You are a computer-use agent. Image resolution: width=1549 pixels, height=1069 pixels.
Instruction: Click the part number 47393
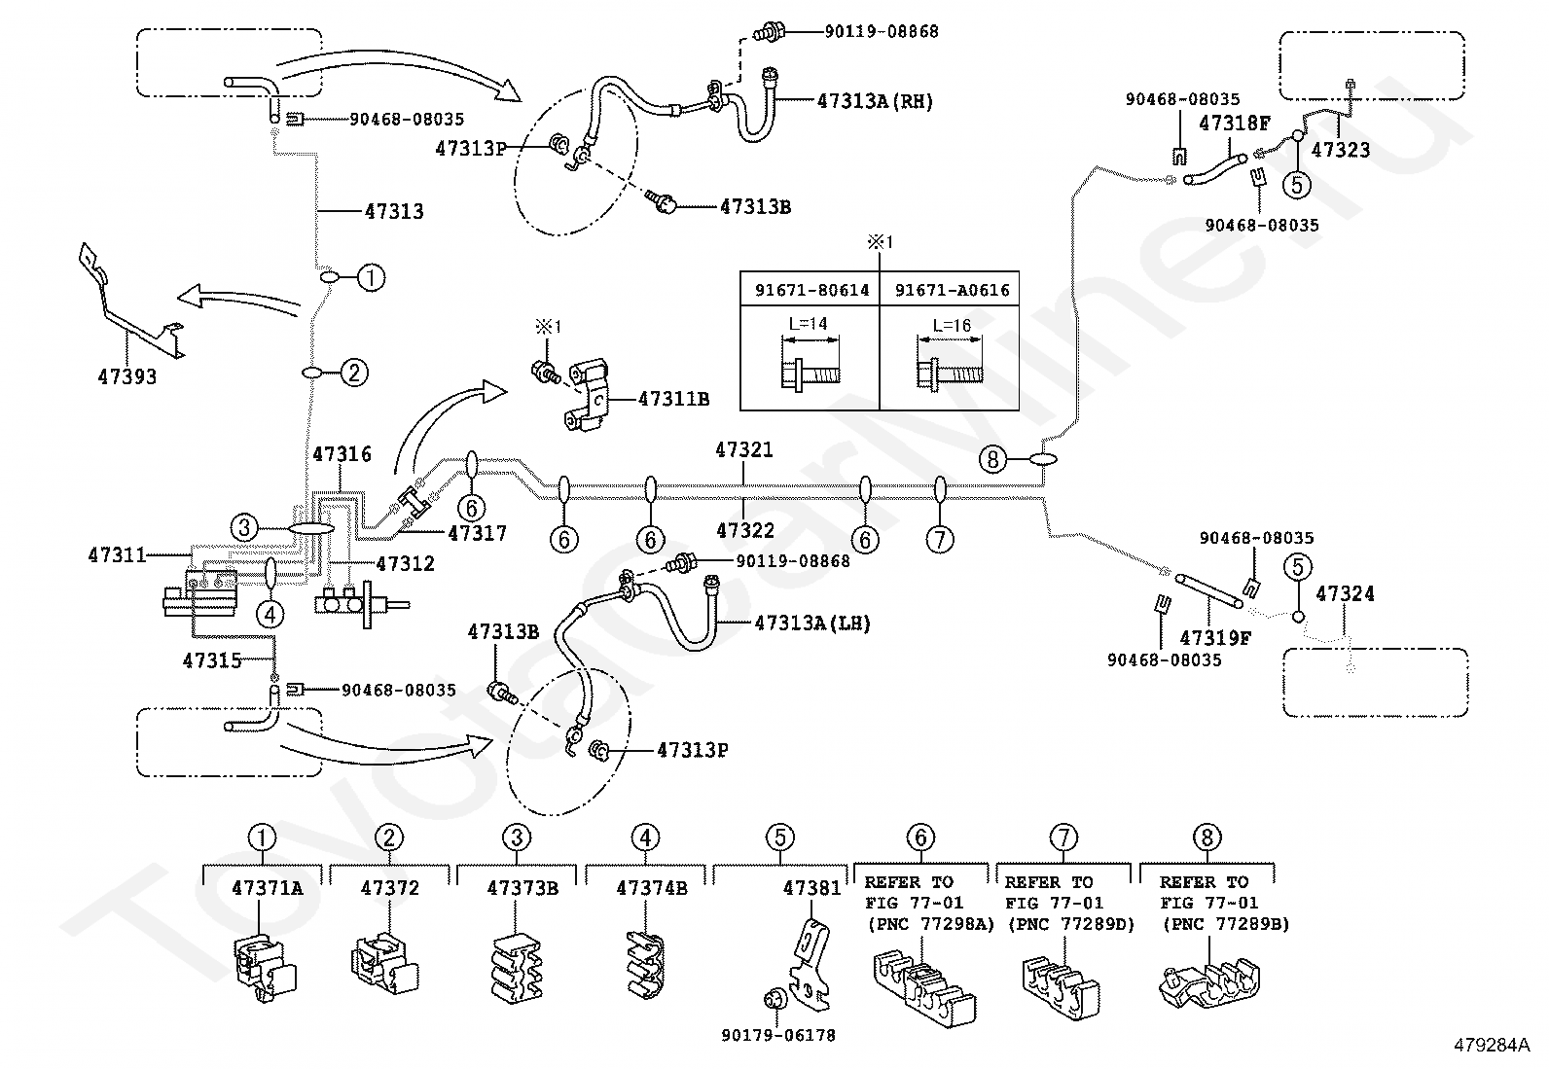click(127, 376)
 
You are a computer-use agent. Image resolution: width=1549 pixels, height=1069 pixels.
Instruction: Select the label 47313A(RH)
click(875, 101)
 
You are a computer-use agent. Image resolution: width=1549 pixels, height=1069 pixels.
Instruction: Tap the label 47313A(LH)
click(812, 623)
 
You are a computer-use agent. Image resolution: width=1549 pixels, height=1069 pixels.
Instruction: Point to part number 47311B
click(673, 399)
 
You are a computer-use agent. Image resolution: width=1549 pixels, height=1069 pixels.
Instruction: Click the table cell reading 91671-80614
click(811, 291)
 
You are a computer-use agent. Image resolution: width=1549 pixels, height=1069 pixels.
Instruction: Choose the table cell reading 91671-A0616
click(953, 291)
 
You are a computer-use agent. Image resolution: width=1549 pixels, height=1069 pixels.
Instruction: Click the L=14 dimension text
click(808, 323)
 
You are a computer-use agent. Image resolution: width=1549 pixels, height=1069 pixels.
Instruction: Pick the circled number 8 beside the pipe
click(993, 459)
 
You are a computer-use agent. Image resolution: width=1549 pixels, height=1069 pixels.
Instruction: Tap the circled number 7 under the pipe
click(940, 539)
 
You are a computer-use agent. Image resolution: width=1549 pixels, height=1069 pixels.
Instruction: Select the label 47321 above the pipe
click(744, 449)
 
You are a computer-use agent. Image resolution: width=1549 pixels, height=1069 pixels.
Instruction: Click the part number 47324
click(1345, 593)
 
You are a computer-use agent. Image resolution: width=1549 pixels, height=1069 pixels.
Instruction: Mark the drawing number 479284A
click(1492, 1045)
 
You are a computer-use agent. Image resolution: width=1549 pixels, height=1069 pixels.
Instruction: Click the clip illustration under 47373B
click(518, 969)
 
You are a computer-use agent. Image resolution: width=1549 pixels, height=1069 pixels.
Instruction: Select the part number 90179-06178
click(778, 1035)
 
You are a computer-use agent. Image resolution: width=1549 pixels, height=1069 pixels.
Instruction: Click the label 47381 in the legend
click(811, 888)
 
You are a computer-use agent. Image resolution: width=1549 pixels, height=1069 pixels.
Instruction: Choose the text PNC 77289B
click(1227, 924)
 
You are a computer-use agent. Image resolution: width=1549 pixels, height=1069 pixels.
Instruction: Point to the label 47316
click(342, 454)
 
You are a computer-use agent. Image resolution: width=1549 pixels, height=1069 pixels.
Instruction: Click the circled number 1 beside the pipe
click(372, 278)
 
